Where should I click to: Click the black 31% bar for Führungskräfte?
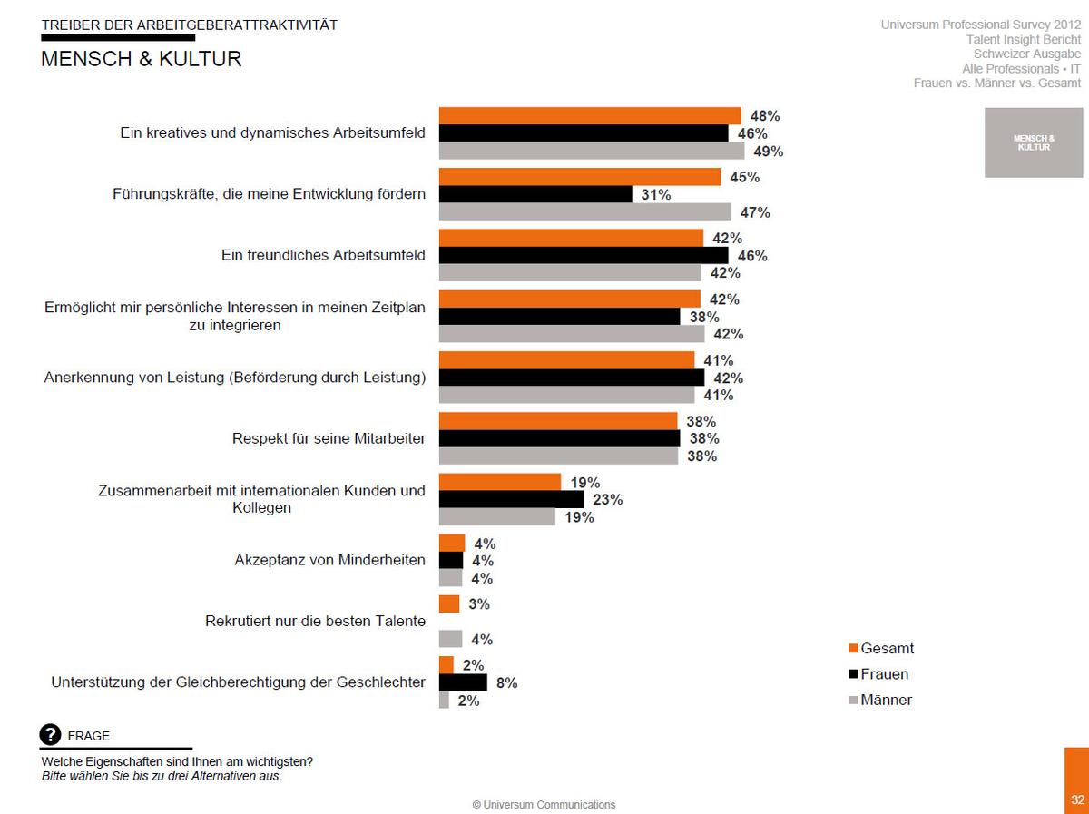[x=535, y=194]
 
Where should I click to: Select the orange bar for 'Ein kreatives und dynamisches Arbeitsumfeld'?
[x=590, y=115]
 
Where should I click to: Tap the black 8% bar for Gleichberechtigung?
[x=463, y=682]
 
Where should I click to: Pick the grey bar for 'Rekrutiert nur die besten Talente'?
[x=450, y=639]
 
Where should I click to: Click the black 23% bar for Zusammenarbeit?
[x=511, y=499]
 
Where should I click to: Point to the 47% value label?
[x=755, y=212]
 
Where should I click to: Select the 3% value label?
[x=480, y=603]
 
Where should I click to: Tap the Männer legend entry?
[x=879, y=700]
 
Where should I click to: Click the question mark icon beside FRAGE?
[x=51, y=735]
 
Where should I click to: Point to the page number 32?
[x=1077, y=799]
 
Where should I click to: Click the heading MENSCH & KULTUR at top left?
[x=142, y=59]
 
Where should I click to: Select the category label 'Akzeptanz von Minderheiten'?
[x=329, y=560]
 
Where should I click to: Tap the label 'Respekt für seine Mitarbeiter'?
[x=329, y=438]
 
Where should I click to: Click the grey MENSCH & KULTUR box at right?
[x=1034, y=143]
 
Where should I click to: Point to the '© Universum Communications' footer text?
[x=544, y=804]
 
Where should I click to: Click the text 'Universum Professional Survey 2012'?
[x=980, y=25]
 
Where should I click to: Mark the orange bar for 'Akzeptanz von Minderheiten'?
[x=452, y=543]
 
